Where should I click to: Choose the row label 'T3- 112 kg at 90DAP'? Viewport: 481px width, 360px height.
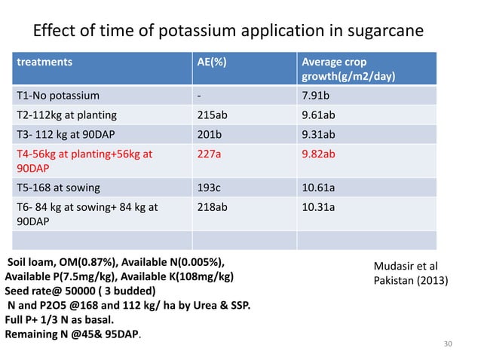pos(69,135)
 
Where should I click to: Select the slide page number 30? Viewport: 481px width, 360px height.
pos(449,344)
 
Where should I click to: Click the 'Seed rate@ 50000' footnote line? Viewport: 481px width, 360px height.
pos(82,291)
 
